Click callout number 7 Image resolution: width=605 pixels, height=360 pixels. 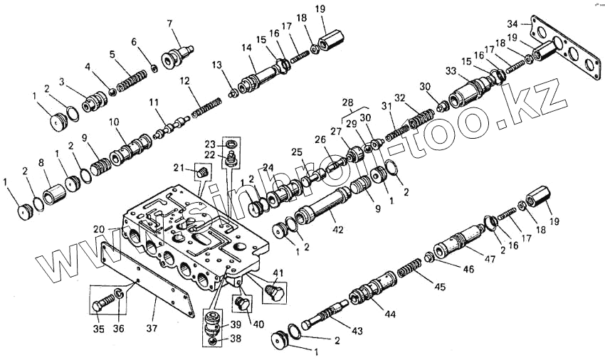click(x=170, y=23)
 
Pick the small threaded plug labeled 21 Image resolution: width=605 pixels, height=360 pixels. click(x=203, y=173)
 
